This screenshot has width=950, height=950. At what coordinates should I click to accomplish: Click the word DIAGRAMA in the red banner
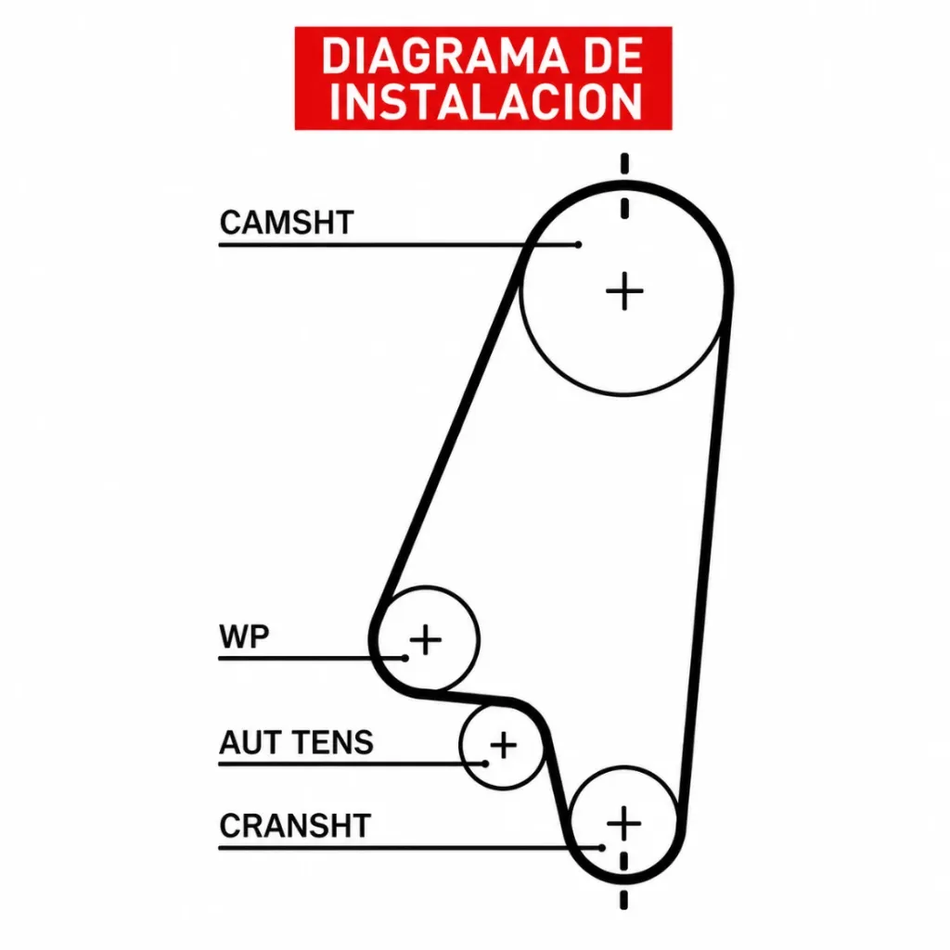click(444, 56)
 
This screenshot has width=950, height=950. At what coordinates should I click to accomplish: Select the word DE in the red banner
click(613, 56)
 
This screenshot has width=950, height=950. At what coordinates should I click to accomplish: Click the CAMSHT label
click(287, 223)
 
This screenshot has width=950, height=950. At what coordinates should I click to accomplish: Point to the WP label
click(244, 636)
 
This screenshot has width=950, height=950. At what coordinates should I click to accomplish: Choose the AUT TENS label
click(296, 743)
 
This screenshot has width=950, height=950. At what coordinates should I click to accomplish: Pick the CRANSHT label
click(295, 826)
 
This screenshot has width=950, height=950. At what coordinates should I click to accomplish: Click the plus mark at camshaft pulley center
click(624, 291)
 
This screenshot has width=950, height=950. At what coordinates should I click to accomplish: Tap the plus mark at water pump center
click(426, 640)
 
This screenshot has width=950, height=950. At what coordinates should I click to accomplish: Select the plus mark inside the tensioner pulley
click(504, 745)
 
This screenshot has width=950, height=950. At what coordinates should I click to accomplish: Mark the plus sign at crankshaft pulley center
click(624, 824)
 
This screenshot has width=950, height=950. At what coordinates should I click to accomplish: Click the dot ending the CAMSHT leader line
click(578, 245)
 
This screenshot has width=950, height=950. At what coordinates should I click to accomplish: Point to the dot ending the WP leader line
click(404, 658)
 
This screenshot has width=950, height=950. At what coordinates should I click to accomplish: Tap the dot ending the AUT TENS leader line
click(485, 764)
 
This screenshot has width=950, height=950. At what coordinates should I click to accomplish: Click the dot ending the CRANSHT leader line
click(601, 848)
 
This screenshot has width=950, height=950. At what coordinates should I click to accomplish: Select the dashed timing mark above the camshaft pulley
click(624, 186)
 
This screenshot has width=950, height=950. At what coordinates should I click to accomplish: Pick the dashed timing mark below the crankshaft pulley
click(624, 880)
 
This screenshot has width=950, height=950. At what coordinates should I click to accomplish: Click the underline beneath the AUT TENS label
click(352, 764)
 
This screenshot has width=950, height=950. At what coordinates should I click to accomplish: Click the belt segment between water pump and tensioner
click(467, 698)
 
